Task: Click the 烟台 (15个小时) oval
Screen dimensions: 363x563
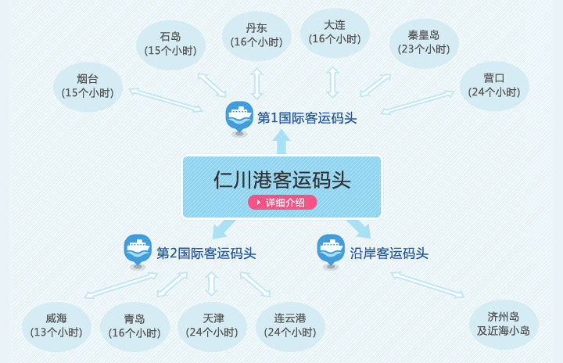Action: (88, 86)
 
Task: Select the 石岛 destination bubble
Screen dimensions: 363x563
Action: (170, 44)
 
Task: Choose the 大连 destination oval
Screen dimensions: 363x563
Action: (335, 33)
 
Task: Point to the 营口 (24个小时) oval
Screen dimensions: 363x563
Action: (494, 85)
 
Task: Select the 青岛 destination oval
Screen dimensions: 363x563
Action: (134, 325)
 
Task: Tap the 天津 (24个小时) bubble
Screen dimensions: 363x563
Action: (213, 325)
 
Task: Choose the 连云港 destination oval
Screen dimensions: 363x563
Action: (290, 325)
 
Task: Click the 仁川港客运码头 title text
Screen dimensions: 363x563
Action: (281, 179)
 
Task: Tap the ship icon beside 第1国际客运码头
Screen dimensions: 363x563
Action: (239, 117)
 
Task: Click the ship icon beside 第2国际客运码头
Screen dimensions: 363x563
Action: (138, 250)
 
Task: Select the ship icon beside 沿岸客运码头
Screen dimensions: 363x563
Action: (331, 250)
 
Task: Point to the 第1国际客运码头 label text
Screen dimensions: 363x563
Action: (307, 118)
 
